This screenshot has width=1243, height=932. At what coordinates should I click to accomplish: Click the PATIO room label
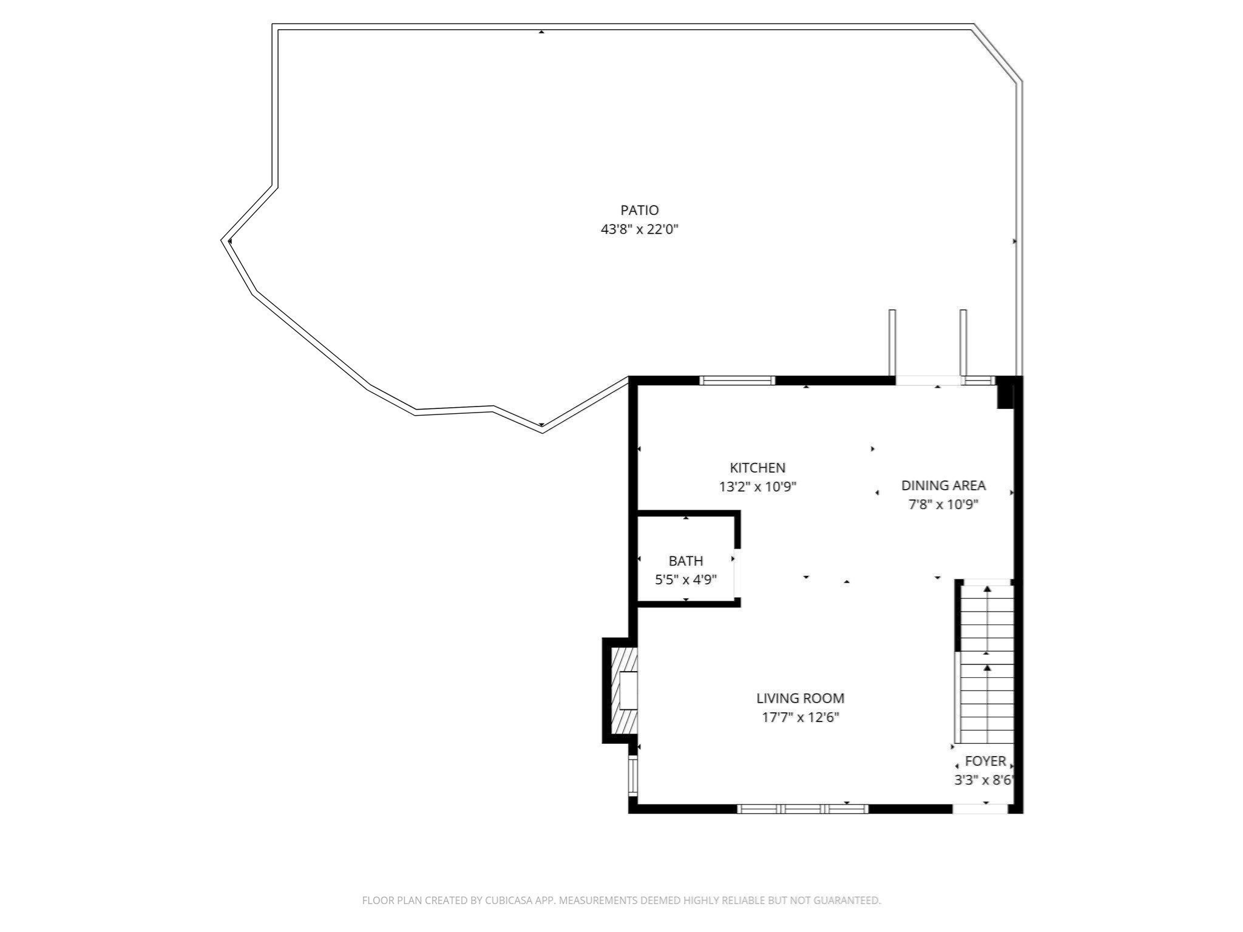639,210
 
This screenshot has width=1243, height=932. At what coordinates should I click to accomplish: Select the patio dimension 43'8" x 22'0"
639,229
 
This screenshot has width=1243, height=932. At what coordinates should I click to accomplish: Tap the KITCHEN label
757,467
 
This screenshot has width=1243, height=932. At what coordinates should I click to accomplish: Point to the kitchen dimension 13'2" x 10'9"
757,487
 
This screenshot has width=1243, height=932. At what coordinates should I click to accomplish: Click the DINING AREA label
943,485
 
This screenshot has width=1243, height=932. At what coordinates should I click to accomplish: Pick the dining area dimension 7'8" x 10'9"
943,504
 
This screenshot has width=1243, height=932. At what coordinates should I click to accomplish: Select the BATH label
685,561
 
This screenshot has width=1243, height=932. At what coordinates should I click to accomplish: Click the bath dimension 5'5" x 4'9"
685,579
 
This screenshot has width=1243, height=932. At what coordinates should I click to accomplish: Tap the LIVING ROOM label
800,698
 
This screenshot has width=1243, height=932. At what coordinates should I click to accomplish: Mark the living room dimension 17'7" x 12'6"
800,717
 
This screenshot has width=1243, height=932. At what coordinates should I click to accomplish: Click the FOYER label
985,760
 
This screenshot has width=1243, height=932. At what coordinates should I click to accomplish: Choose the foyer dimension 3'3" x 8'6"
983,780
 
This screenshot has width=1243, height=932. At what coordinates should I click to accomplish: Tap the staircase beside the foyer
987,661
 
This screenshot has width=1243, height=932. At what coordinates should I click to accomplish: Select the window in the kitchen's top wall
737,380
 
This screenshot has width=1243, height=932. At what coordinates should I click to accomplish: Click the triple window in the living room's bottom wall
802,808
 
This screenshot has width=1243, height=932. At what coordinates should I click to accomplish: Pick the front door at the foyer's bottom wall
980,808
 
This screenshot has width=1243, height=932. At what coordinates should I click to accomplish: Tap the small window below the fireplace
633,776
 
